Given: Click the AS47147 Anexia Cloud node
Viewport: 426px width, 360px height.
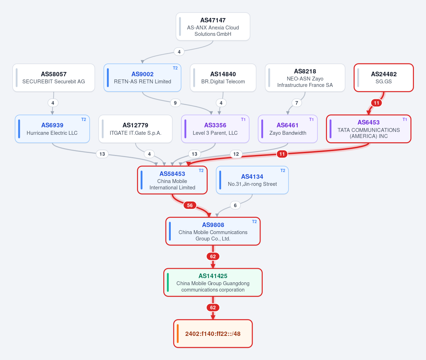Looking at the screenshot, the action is coord(213,27).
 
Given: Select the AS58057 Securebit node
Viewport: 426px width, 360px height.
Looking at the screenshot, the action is coord(54,78).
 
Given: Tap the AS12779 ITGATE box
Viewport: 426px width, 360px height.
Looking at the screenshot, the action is coord(135,129).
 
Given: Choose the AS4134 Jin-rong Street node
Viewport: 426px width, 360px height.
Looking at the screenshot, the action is coord(252,180).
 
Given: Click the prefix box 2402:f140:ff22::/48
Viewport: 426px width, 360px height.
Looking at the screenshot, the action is coord(213,334).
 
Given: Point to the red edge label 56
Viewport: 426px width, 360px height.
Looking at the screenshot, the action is coord(190,205).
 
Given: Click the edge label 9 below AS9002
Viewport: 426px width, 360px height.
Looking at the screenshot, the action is coord(175,103).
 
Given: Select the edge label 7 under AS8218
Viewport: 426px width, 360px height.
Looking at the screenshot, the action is coord(296,103).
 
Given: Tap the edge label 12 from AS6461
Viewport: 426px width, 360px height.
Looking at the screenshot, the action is coord(236,154).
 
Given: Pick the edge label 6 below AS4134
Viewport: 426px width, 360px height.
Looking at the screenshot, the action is coord(235,205).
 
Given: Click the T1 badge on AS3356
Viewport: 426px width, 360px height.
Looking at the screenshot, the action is coord(243,120).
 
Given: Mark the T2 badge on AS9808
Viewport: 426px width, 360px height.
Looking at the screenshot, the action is coord(254,222).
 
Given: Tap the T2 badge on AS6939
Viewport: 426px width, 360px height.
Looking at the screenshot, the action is coord(83,120).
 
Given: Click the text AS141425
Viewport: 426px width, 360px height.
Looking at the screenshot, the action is coord(213,276).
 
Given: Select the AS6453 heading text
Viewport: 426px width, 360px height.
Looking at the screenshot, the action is coord(368,122).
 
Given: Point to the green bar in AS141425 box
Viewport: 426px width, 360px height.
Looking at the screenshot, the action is coord(168,282).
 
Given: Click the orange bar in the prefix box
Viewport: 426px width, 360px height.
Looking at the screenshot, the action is coord(177,334).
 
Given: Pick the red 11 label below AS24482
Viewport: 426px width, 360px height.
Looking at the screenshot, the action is coord(376,103).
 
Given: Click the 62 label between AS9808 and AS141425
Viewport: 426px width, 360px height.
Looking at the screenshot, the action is coord(213,256).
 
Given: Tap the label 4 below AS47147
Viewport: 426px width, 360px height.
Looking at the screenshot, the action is coord(179,52).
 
